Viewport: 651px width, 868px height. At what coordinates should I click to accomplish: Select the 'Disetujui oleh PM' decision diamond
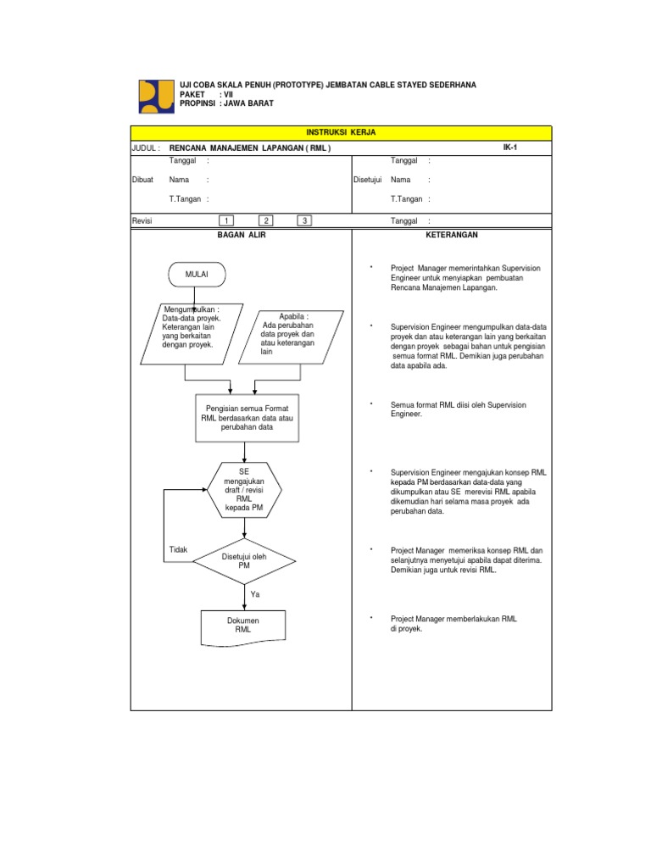pos(244,560)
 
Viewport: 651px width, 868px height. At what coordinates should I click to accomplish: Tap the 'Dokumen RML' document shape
pos(243,627)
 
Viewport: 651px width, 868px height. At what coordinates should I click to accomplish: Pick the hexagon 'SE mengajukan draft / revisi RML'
pos(244,490)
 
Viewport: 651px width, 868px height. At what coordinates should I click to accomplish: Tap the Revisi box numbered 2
pos(266,221)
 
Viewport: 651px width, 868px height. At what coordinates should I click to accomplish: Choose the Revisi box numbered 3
pos(304,221)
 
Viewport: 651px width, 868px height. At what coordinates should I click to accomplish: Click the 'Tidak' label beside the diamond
pos(178,549)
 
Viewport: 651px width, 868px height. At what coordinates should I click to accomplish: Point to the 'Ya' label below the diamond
pos(255,595)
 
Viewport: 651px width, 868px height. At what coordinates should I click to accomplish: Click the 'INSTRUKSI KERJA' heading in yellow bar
pos(340,133)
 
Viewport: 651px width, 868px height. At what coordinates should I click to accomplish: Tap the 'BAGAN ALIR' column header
pos(242,235)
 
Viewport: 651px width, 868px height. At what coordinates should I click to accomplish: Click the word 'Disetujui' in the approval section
pos(368,180)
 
